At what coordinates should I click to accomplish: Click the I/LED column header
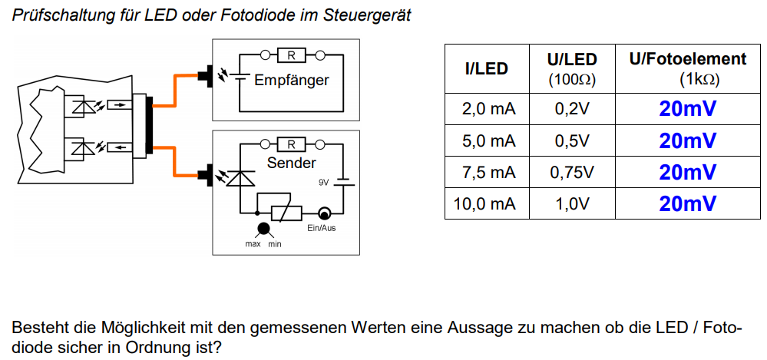tap(486, 69)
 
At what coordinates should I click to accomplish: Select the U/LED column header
tap(572, 68)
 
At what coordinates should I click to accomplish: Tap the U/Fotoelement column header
tap(688, 68)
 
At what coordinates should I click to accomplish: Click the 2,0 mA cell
tap(488, 108)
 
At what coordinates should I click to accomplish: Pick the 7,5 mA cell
tap(488, 172)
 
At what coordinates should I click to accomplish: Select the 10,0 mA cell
tap(485, 203)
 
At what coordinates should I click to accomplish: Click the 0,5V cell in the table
tap(572, 140)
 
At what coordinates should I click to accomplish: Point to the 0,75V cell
tap(572, 172)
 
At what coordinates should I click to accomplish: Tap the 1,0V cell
tap(572, 203)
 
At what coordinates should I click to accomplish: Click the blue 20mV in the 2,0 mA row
tap(688, 108)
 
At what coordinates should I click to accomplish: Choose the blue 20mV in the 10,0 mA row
tap(688, 203)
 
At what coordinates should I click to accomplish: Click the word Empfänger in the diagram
tap(292, 81)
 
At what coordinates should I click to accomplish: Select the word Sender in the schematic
tap(292, 163)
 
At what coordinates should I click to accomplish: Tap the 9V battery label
tap(324, 183)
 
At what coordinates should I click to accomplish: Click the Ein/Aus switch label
tap(322, 229)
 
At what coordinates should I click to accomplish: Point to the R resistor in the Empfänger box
tap(292, 56)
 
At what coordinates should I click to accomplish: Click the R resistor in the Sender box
tap(292, 144)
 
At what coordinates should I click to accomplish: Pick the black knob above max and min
tap(263, 229)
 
